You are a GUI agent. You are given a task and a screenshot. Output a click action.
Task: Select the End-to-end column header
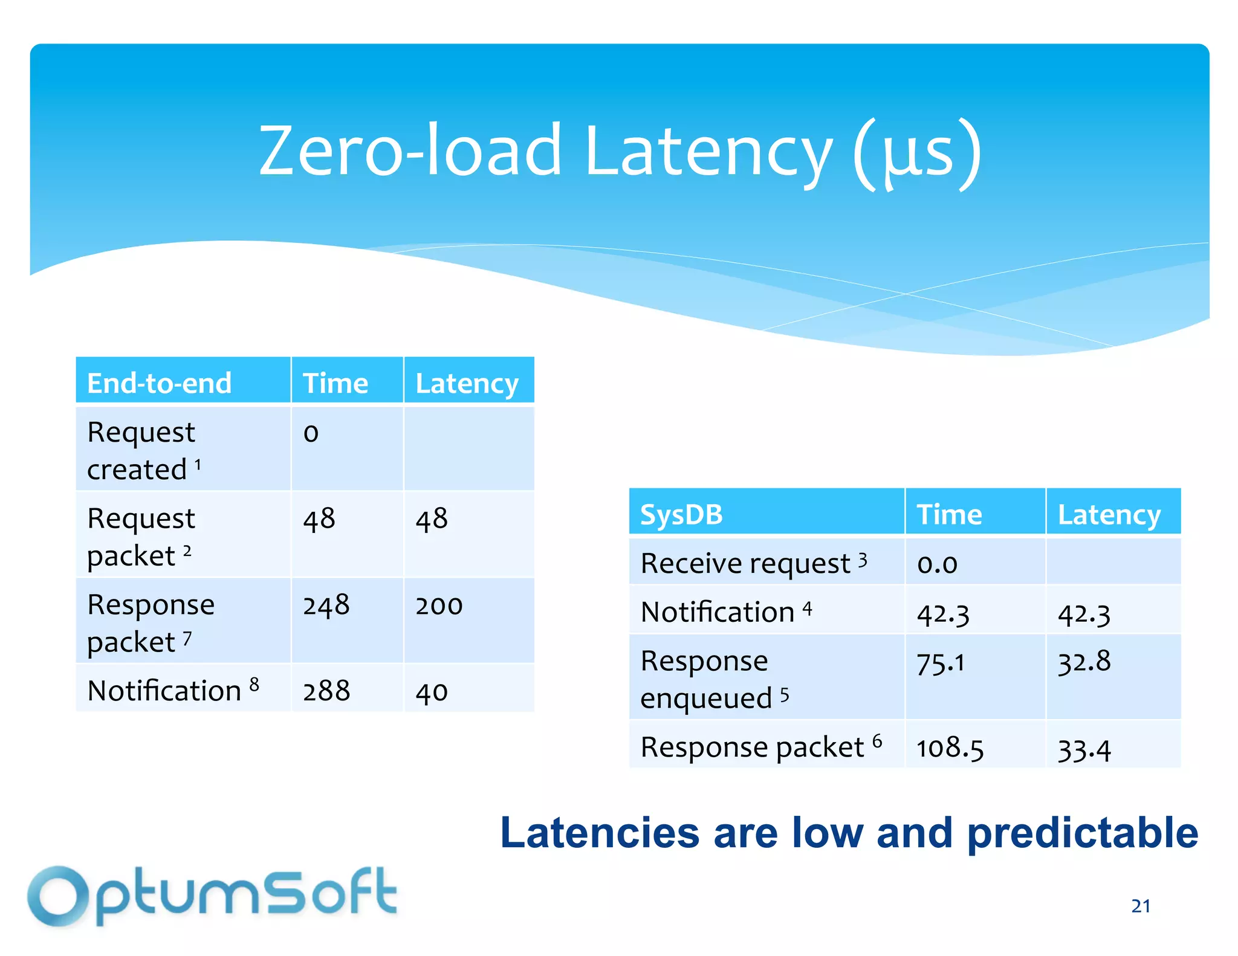click(159, 383)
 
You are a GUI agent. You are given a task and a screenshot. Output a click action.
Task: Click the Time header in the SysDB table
click(949, 515)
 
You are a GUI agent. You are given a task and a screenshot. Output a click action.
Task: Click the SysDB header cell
click(681, 515)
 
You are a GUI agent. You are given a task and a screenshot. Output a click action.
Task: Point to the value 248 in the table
click(326, 605)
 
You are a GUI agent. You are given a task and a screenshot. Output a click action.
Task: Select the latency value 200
click(439, 606)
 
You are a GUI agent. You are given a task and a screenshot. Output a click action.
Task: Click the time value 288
click(326, 691)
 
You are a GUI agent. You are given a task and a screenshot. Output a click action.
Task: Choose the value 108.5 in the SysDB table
click(950, 748)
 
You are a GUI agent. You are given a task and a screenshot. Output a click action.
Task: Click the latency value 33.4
click(1084, 750)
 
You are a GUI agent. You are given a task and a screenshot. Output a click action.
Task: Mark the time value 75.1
click(941, 664)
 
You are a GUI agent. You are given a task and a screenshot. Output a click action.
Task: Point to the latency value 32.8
click(1084, 662)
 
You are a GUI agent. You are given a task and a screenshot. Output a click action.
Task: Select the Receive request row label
click(745, 564)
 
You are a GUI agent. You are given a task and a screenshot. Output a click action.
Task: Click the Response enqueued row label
click(705, 679)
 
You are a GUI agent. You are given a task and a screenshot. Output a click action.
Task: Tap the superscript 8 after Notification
click(254, 684)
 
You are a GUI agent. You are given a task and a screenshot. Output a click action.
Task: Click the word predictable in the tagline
click(1082, 833)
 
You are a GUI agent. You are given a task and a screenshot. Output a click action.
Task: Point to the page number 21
click(1141, 906)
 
